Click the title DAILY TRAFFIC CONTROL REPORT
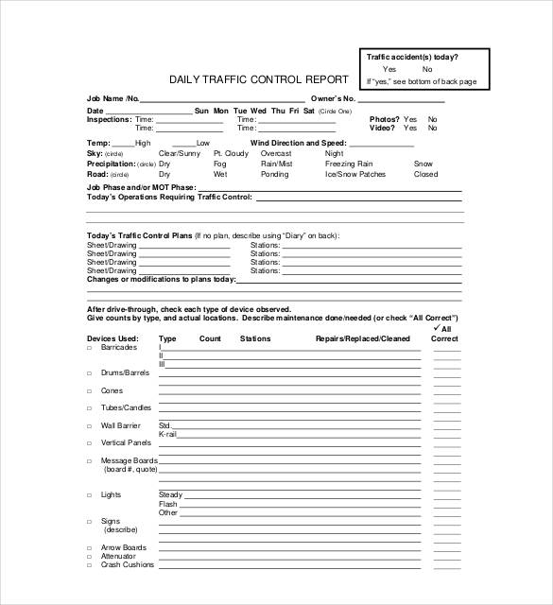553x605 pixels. (258, 79)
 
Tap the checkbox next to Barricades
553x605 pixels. (90, 348)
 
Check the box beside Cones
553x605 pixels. (90, 390)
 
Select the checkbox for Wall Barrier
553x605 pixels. (90, 425)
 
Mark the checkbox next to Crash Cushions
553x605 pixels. (90, 565)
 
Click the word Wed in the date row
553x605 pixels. (258, 111)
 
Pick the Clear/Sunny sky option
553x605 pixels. (179, 153)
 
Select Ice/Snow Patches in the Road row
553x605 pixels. (355, 175)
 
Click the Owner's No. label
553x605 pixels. (332, 98)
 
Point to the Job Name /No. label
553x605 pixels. (112, 98)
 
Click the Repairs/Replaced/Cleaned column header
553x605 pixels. (363, 338)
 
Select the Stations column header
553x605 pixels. (255, 338)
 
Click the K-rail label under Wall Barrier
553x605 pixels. (167, 434)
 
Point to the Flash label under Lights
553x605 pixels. (167, 504)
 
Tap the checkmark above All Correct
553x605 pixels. (436, 328)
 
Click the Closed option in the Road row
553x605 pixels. (425, 175)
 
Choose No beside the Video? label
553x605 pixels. (433, 129)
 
